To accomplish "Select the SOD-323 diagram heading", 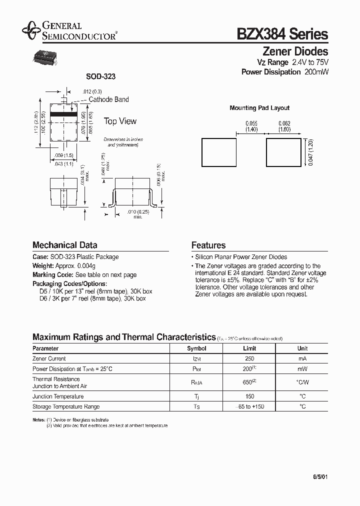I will coord(100,76).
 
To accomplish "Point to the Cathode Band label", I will coord(108,99).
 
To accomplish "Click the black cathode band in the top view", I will coord(63,114).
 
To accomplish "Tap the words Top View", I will coord(120,121).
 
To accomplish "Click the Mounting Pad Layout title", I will coord(259,108).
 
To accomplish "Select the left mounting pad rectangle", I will coord(218,152).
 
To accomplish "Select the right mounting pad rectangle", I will coord(283,152).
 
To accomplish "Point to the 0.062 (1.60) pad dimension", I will coord(283,126).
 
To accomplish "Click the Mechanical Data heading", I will coord(64,245).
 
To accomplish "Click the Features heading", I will coord(208,245).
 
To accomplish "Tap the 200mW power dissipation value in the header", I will coord(316,72).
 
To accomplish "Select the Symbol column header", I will coord(196,348).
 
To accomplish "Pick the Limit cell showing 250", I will coord(249,359).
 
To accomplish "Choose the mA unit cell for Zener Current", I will coord(302,359).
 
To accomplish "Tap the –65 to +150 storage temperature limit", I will coord(249,406).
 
